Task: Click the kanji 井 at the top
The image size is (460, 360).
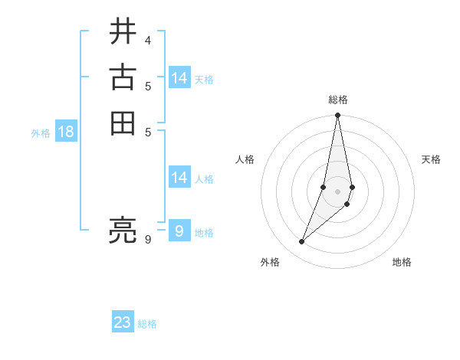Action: click(x=123, y=32)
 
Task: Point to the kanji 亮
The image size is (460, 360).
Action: click(x=123, y=230)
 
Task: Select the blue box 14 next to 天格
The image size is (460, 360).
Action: click(x=179, y=77)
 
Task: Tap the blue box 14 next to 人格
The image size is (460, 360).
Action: click(x=179, y=178)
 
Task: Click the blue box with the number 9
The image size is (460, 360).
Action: click(x=179, y=231)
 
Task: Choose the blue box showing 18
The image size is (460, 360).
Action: click(x=66, y=132)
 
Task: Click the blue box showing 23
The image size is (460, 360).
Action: click(x=123, y=322)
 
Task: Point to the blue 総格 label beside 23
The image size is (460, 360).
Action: click(x=147, y=324)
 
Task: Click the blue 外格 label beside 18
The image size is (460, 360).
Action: click(x=41, y=133)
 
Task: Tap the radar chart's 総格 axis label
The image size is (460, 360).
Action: click(x=338, y=100)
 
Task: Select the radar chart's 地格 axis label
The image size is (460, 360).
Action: click(x=402, y=262)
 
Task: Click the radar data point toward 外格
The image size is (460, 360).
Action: click(x=302, y=241)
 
